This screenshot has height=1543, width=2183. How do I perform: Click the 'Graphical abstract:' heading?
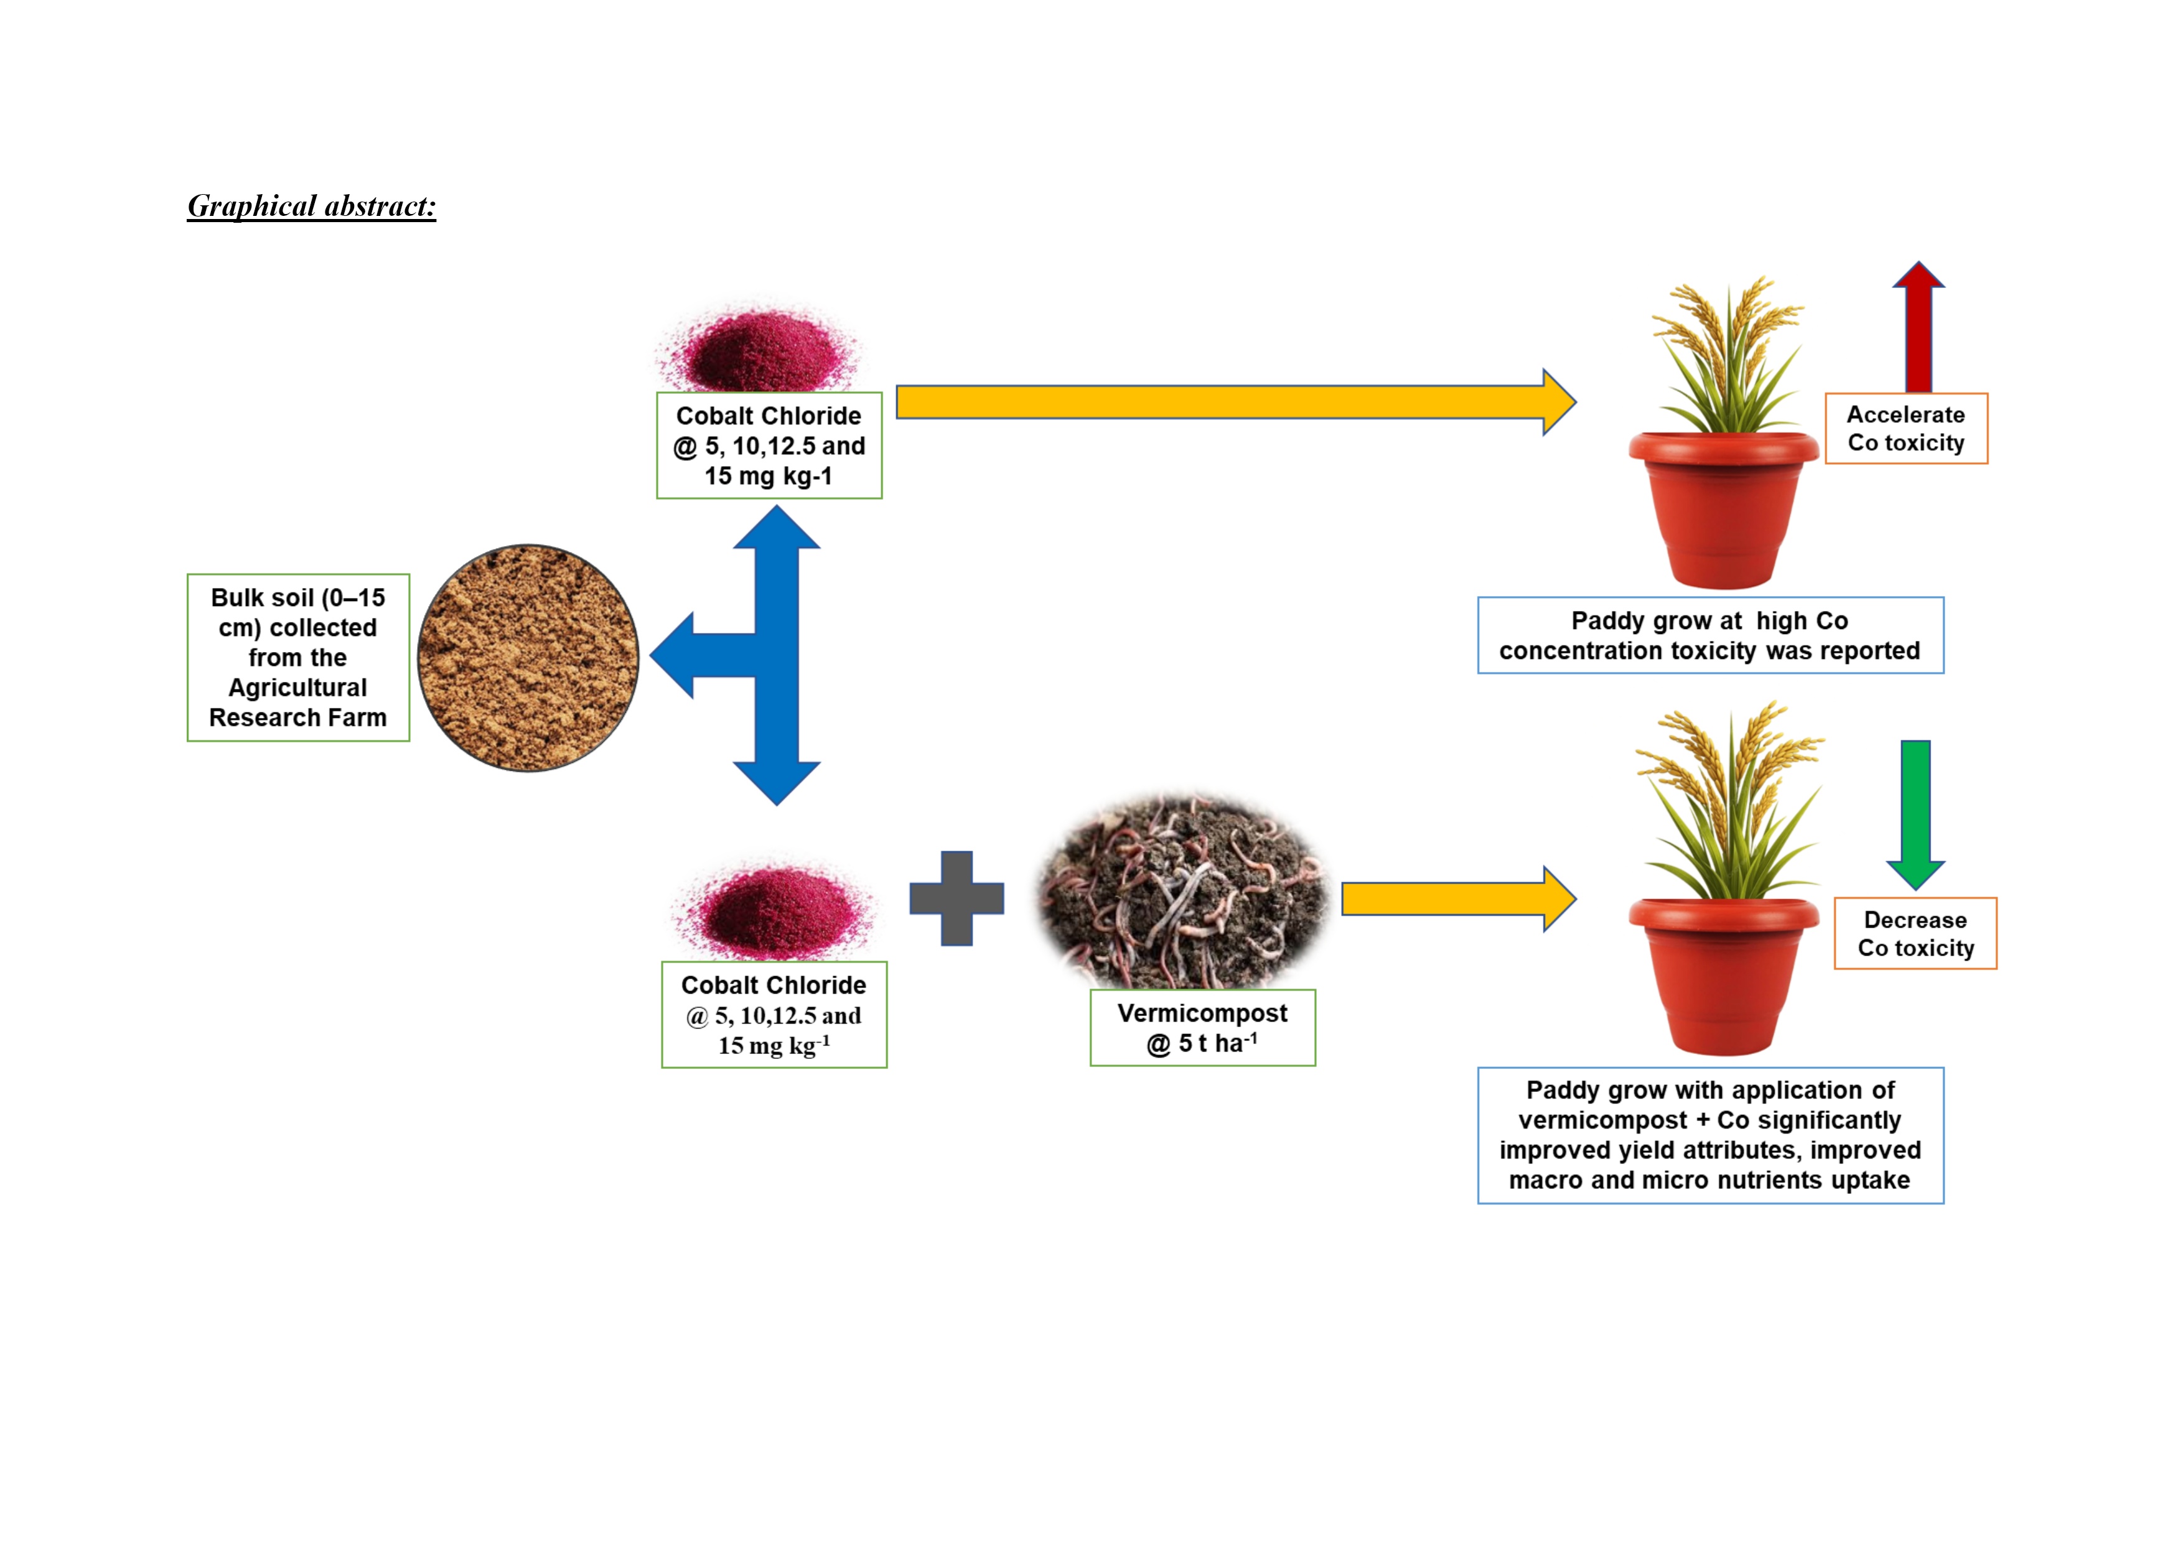point(312,207)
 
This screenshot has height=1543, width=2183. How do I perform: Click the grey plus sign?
point(956,898)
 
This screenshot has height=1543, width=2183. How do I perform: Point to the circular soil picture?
point(528,658)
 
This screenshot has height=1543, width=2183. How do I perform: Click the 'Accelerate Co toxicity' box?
point(1905,429)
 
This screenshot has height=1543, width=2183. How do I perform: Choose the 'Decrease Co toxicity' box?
point(1915,934)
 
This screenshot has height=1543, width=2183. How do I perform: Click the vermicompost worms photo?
point(1181,889)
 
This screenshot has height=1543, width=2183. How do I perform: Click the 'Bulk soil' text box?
point(297,657)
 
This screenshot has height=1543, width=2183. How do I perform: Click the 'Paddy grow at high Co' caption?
point(1709,635)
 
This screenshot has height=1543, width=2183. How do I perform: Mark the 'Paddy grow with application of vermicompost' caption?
point(1709,1135)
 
